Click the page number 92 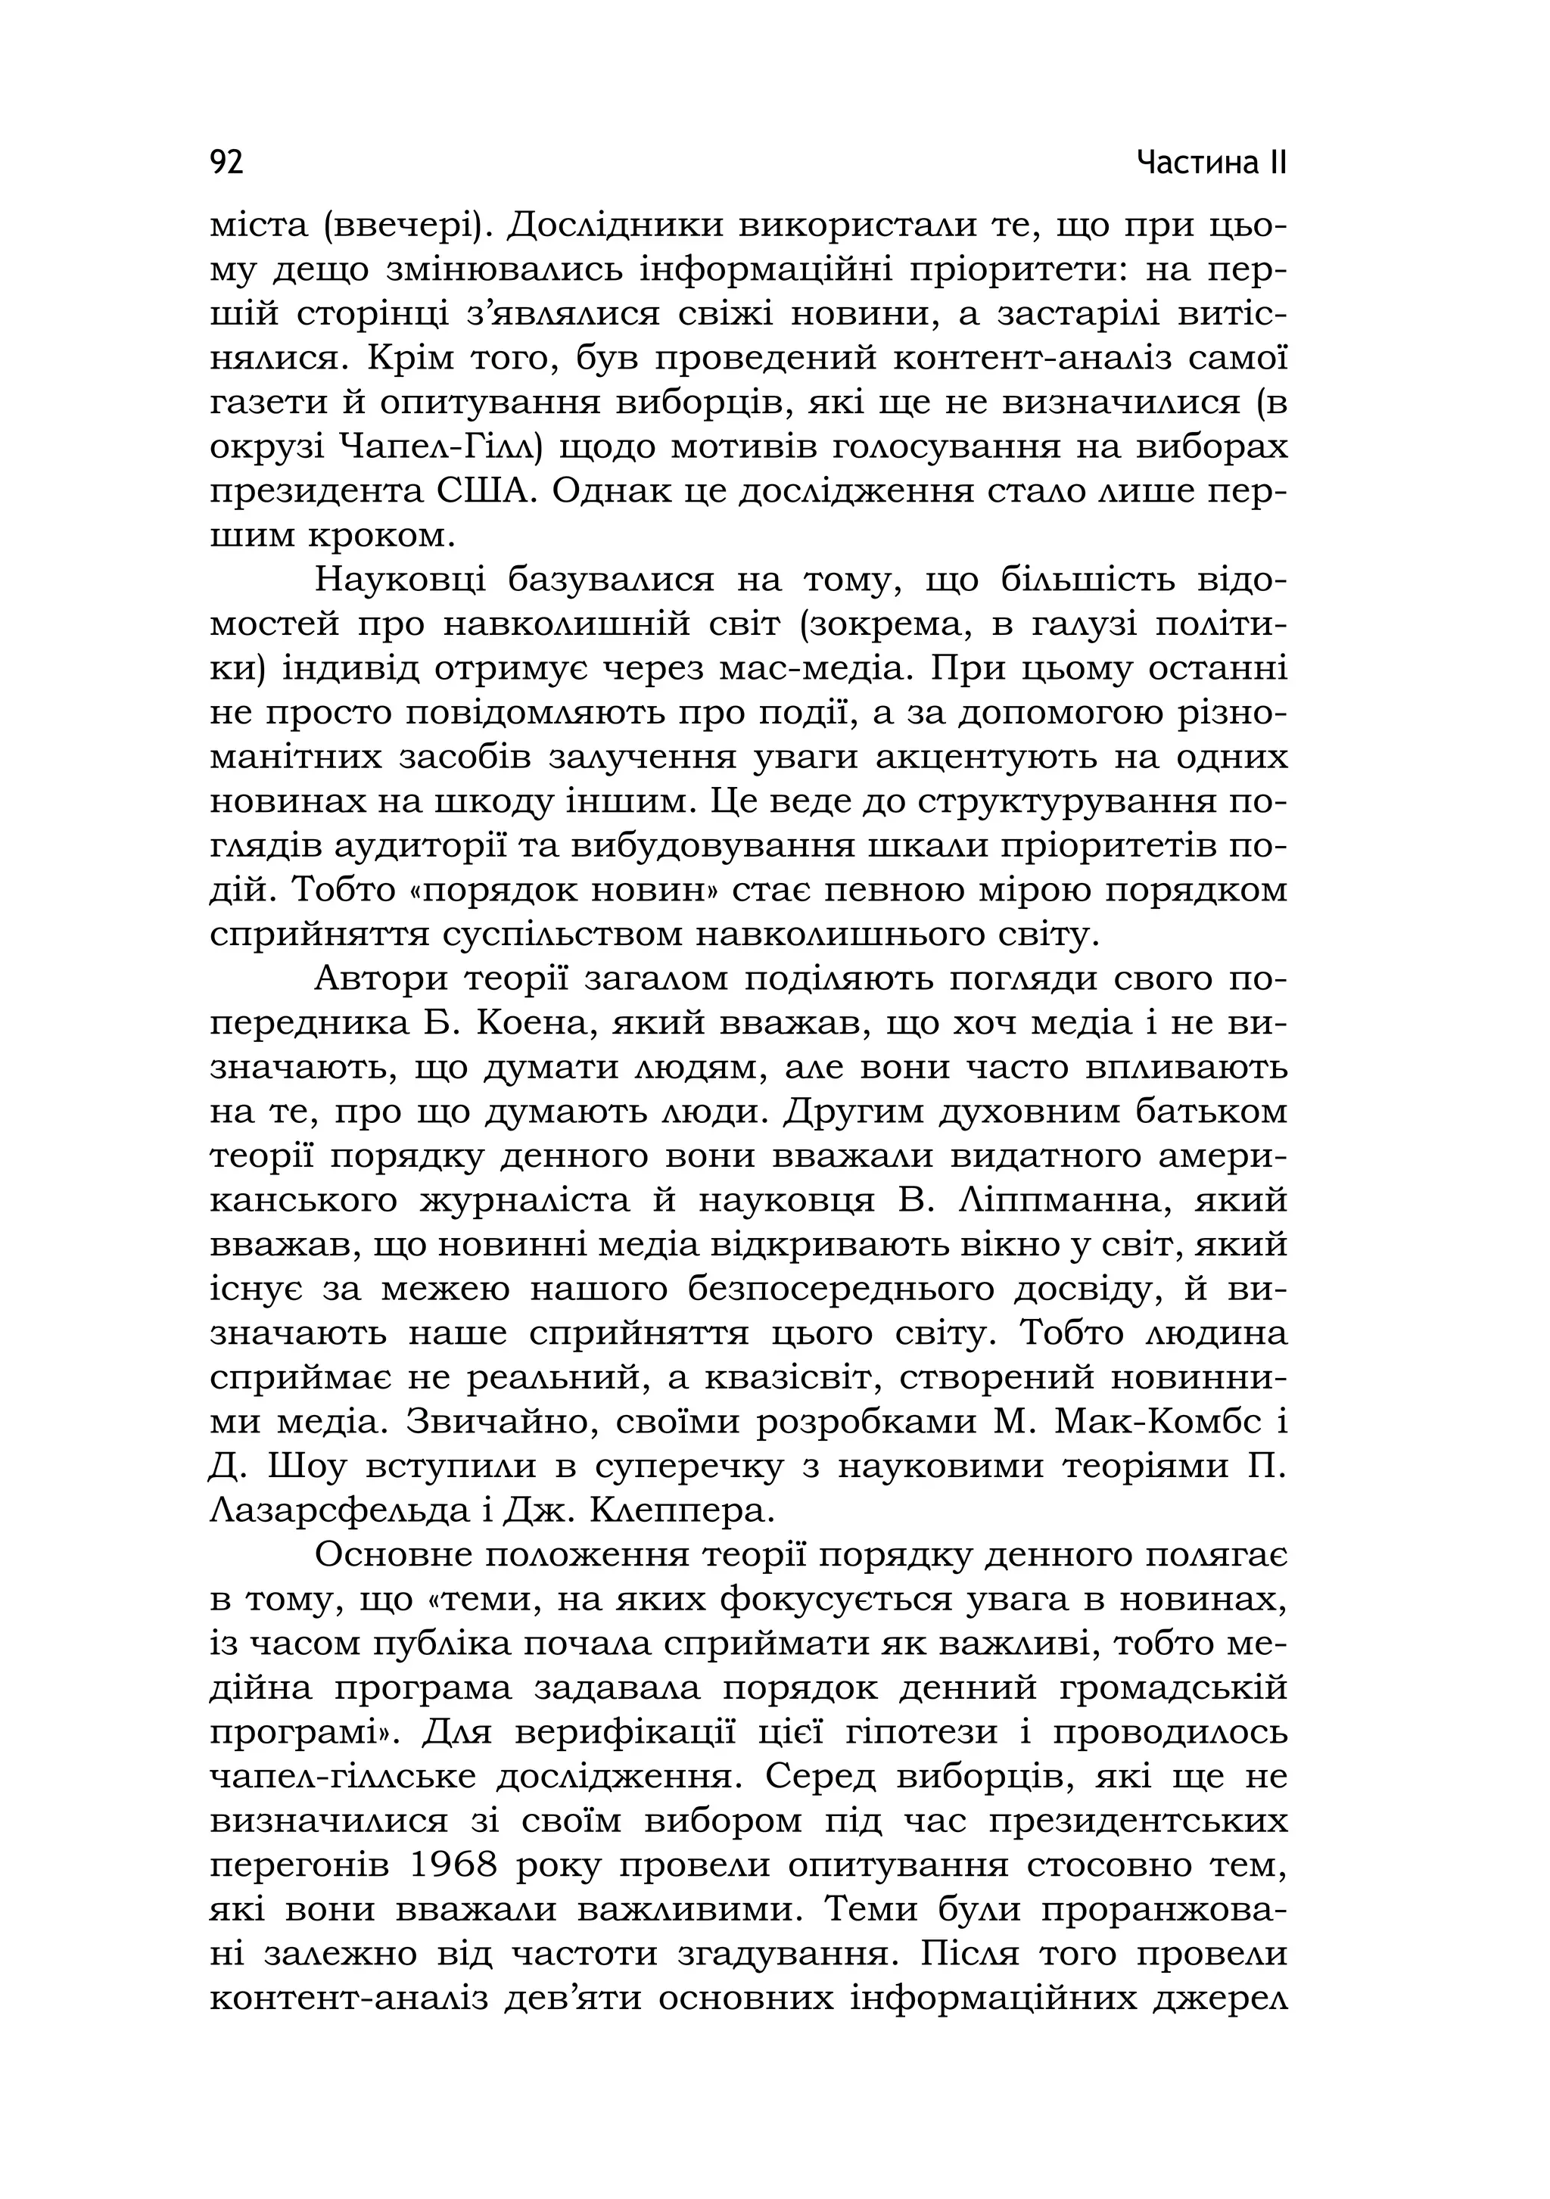click(x=226, y=163)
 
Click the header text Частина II click(x=1211, y=163)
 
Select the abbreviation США click(x=484, y=491)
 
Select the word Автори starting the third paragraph click(x=381, y=979)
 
